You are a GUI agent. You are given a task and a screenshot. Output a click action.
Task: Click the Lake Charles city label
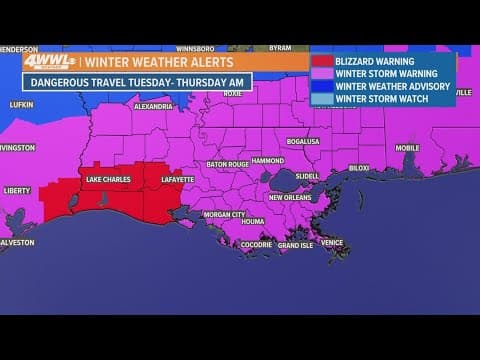[107, 179]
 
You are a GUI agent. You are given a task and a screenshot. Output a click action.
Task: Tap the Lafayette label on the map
[177, 179]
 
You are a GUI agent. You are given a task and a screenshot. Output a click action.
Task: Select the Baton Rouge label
[228, 163]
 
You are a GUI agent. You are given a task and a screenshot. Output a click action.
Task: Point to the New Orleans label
[291, 197]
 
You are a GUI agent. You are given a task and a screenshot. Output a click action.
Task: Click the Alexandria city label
[153, 105]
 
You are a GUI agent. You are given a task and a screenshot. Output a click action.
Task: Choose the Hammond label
[267, 160]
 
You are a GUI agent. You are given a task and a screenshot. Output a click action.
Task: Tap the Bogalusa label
[305, 141]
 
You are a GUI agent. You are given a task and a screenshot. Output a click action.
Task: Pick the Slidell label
[308, 176]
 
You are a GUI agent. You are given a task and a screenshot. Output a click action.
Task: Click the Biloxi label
[359, 168]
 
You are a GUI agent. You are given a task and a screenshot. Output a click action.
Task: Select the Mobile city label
[407, 147]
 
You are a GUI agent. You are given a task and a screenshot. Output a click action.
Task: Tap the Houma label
[253, 221]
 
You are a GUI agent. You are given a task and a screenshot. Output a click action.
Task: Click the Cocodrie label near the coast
[256, 244]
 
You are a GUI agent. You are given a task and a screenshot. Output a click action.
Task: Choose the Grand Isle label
[295, 245]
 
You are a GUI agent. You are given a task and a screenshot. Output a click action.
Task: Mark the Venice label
[332, 242]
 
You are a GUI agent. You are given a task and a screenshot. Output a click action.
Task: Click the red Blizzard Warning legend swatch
[322, 58]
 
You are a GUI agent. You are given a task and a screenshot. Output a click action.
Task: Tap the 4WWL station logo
[48, 61]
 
